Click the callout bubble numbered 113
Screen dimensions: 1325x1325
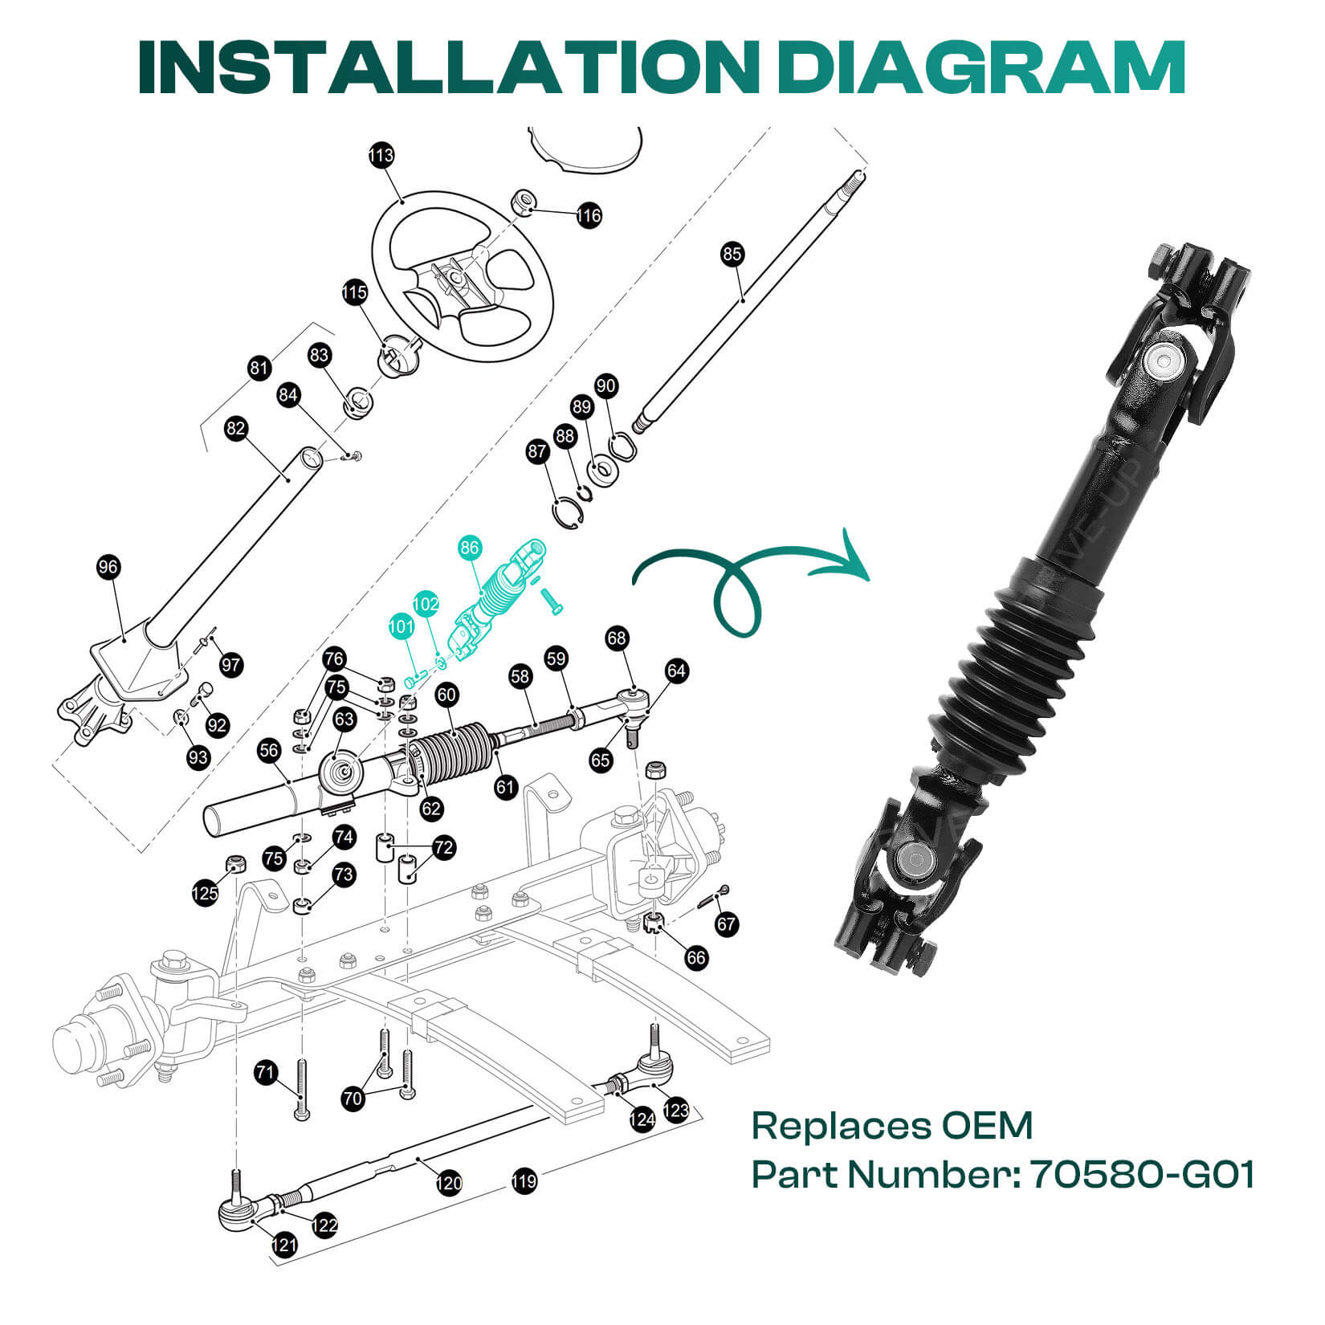381,155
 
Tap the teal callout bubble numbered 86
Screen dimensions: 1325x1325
470,548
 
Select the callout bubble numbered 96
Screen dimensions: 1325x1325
108,567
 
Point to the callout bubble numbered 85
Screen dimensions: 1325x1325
732,255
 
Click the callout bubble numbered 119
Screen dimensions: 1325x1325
524,1181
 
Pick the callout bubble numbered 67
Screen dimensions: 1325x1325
727,923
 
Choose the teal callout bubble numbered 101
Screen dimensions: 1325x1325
402,626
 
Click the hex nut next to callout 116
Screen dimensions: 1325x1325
524,202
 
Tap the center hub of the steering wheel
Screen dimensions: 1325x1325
455,278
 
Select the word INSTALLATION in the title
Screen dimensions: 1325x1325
450,67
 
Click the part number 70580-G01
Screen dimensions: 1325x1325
1142,1175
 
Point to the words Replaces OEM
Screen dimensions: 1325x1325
891,1126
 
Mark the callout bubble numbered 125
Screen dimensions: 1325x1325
206,893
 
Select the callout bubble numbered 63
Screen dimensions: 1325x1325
344,718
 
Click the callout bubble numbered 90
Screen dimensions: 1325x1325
606,386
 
